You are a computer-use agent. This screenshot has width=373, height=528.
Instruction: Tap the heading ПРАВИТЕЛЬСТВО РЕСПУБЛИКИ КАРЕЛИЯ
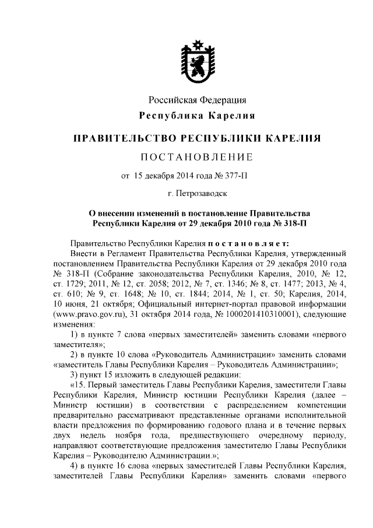click(x=196, y=138)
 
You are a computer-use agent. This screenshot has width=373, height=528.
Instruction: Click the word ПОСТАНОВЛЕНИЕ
click(x=196, y=156)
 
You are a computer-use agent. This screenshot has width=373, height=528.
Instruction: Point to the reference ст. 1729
click(x=67, y=284)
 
